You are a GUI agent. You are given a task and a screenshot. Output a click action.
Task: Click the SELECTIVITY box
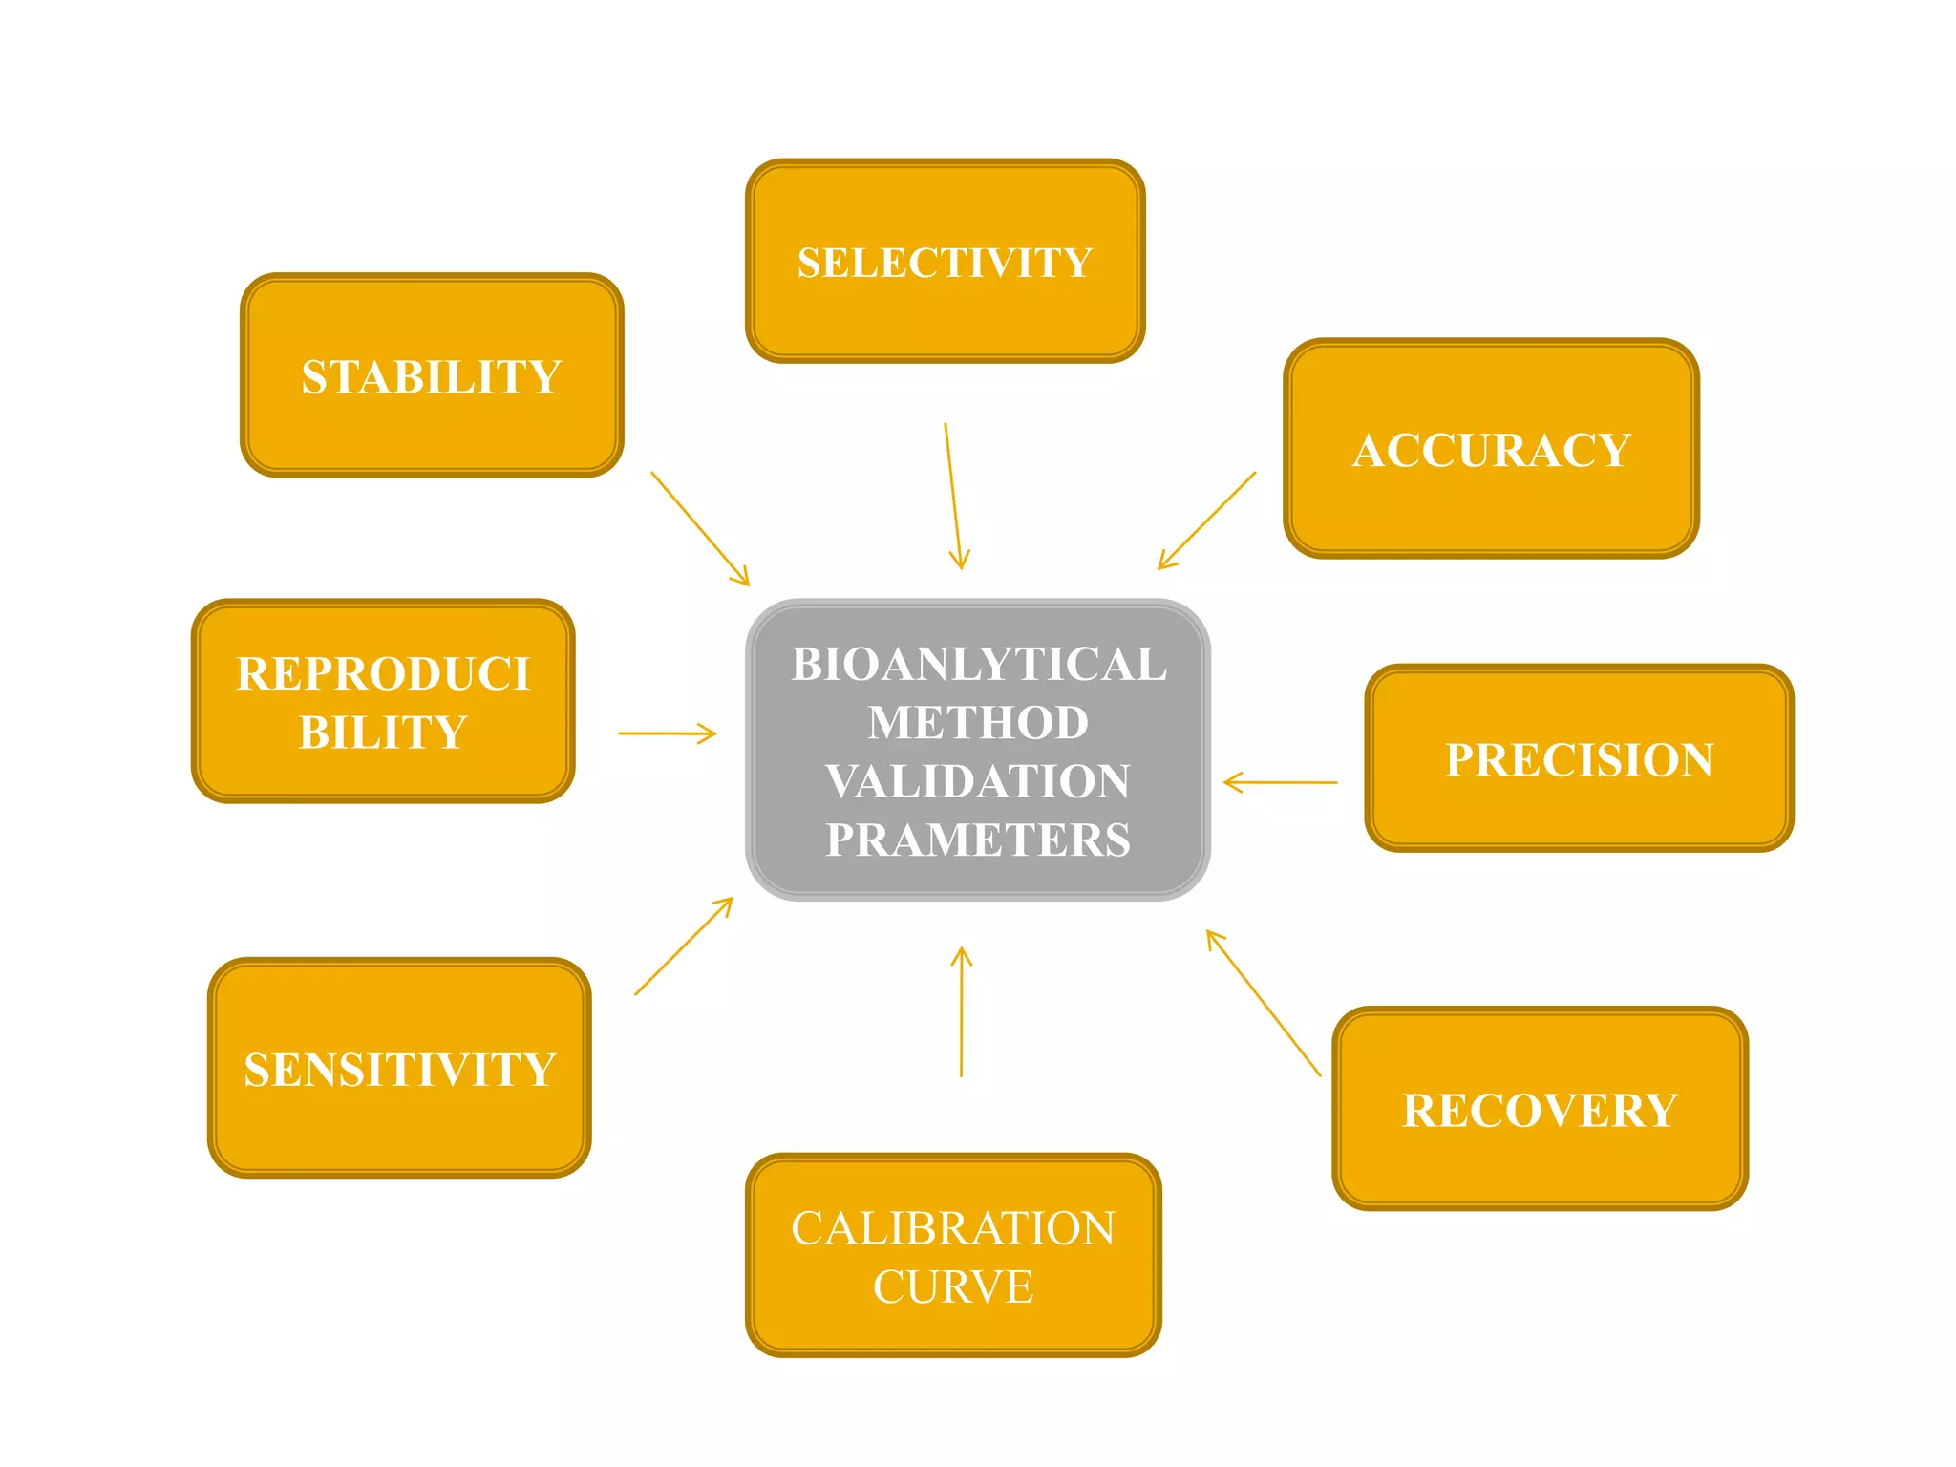[x=945, y=262]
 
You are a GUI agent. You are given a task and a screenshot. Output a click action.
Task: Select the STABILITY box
[x=432, y=375]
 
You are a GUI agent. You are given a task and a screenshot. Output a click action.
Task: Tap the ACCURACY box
[x=1491, y=449]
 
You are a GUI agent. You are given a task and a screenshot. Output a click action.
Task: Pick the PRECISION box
[x=1579, y=758]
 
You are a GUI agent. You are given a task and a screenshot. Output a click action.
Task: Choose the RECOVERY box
[x=1540, y=1109]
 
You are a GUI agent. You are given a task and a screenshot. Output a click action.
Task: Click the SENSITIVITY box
[x=399, y=1068]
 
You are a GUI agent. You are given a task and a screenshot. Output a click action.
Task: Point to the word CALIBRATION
[x=952, y=1228]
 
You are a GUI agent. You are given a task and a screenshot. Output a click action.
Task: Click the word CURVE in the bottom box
[x=952, y=1286]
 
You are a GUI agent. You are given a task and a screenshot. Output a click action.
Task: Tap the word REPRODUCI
[x=383, y=673]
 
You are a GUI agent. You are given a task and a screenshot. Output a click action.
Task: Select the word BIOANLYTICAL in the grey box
[x=978, y=664]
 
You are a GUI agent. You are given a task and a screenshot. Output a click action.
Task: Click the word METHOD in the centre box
[x=978, y=722]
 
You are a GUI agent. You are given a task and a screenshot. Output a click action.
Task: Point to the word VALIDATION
[x=978, y=781]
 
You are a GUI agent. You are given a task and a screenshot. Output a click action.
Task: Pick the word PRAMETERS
[x=978, y=840]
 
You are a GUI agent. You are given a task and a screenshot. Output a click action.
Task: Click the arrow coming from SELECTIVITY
[x=954, y=497]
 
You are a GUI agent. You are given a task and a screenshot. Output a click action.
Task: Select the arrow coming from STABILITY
[x=700, y=528]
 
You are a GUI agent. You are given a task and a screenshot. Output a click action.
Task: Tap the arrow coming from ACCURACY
[x=1206, y=521]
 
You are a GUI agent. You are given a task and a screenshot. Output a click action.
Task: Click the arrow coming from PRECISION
[x=1280, y=782]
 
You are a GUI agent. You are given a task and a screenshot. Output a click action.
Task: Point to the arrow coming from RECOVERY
[x=1263, y=1003]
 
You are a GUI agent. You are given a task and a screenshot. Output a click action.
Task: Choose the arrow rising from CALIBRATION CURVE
[x=962, y=1012]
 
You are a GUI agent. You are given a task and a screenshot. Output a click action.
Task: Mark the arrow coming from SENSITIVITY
[x=684, y=946]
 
